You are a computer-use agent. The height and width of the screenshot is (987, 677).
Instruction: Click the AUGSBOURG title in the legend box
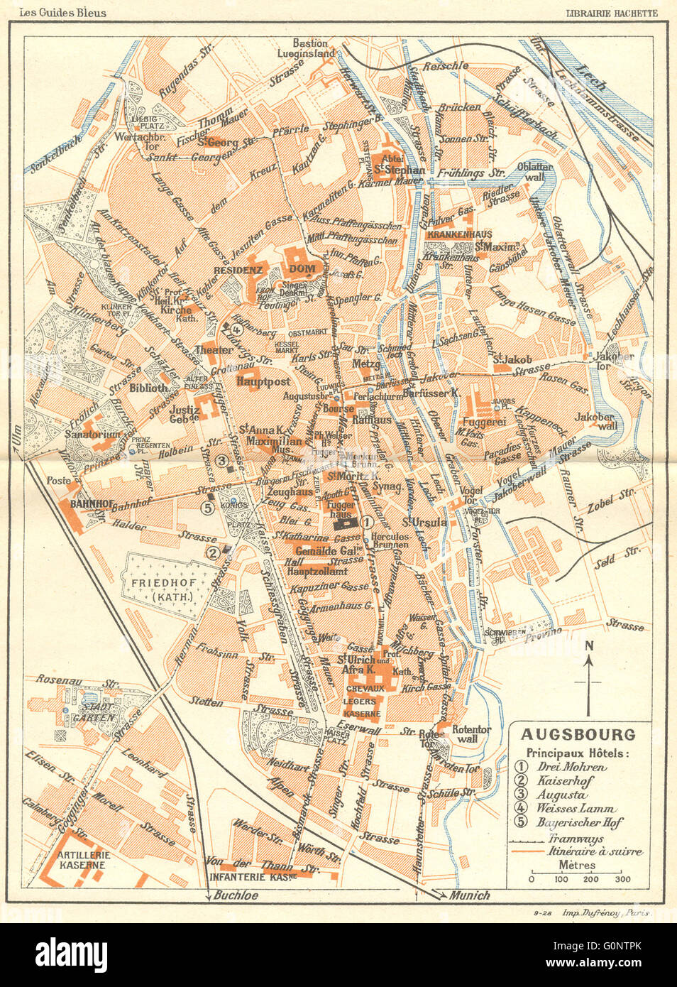coord(578,735)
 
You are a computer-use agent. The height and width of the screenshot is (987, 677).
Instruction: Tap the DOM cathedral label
coord(302,269)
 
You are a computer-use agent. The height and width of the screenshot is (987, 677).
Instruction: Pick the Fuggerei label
coord(484,421)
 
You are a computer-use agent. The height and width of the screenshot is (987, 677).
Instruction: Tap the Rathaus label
coord(372,420)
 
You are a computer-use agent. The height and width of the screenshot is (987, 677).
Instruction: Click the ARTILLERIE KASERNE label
coord(82,860)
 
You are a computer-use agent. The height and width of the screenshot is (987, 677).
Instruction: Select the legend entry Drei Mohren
coord(571,767)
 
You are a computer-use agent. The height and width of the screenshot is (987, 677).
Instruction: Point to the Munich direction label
coord(469,895)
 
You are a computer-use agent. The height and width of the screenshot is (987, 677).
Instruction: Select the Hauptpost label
coord(263,381)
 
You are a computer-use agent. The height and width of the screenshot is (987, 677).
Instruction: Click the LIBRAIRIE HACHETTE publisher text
coord(611,13)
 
